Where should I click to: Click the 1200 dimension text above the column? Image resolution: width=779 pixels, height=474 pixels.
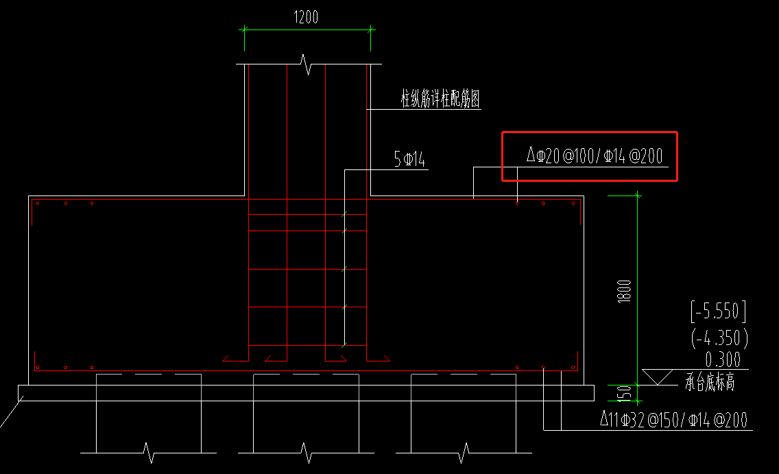306,18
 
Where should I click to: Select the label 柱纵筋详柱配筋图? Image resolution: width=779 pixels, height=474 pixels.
440,99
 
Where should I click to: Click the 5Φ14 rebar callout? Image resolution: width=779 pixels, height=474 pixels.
409,161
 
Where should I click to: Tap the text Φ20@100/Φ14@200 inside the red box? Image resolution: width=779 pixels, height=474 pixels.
595,156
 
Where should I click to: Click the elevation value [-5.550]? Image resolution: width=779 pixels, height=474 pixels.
717,312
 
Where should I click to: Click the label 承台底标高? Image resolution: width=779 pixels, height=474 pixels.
710,383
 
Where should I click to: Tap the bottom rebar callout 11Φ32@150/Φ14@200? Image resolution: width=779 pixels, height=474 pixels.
673,419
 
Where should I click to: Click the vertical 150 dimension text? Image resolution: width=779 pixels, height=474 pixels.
624,394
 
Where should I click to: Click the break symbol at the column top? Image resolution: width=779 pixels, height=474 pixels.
307,66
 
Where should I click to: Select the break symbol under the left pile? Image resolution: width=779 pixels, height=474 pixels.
149,453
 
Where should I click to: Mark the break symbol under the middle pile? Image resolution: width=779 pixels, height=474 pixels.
306,453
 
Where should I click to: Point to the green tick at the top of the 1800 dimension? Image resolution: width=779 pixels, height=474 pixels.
638,195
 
